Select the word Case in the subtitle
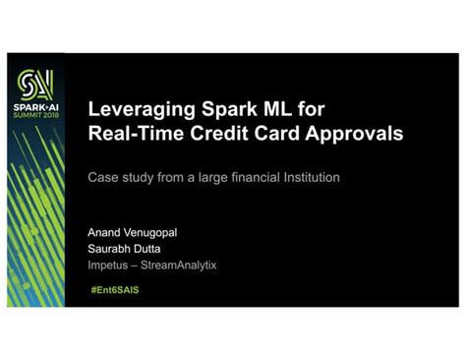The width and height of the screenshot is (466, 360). click(x=103, y=179)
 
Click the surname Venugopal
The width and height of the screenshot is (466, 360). click(x=161, y=235)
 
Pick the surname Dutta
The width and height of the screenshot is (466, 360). click(x=158, y=250)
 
